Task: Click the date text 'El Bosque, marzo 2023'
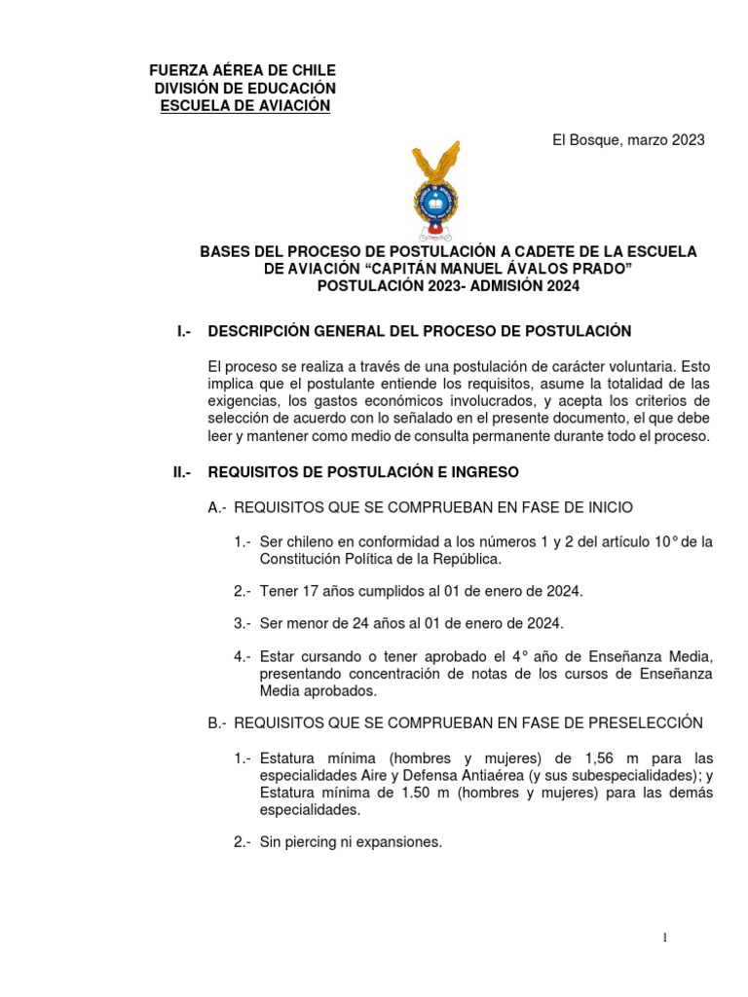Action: click(x=628, y=140)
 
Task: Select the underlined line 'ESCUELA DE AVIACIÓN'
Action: click(x=245, y=106)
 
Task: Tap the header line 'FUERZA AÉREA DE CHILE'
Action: click(x=243, y=71)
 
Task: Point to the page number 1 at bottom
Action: click(x=664, y=937)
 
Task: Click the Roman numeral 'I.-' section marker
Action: click(x=183, y=331)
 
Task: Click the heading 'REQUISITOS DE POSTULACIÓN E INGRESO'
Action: click(x=363, y=472)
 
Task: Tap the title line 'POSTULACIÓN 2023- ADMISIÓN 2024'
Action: click(x=448, y=285)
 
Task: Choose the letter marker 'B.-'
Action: click(x=217, y=722)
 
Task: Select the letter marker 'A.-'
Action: click(x=217, y=507)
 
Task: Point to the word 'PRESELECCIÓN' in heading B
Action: click(x=644, y=722)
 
